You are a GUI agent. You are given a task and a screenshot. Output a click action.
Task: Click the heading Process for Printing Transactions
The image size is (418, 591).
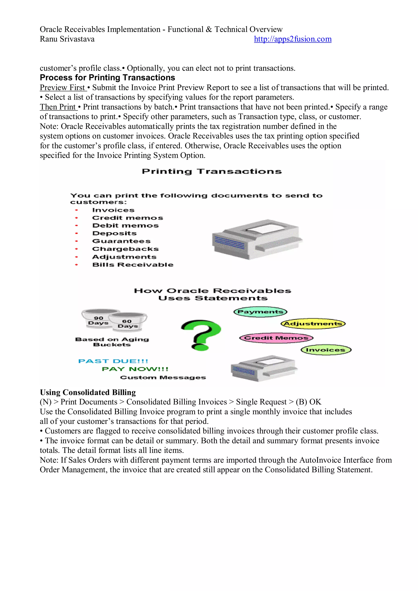[x=107, y=78]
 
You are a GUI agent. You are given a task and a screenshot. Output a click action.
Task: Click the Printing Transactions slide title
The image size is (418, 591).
[x=212, y=171]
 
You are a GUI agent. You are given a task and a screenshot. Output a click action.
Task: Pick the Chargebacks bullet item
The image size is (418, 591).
[x=125, y=249]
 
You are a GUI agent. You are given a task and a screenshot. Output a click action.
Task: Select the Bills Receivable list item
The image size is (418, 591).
[x=132, y=265]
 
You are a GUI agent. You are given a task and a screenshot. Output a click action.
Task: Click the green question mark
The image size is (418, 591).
[x=201, y=335]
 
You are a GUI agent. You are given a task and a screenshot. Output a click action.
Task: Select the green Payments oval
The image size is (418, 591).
[x=260, y=312]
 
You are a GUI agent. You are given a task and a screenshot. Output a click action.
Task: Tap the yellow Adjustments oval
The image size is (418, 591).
[x=313, y=324]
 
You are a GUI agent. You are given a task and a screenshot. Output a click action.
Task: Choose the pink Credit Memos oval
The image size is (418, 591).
[x=276, y=338]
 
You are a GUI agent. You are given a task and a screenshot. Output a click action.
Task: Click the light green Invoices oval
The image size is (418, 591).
[x=326, y=350]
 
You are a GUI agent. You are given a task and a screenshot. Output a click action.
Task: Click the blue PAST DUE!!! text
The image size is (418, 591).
[x=113, y=361]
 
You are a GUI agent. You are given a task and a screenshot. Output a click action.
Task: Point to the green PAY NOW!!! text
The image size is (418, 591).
[x=135, y=369]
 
